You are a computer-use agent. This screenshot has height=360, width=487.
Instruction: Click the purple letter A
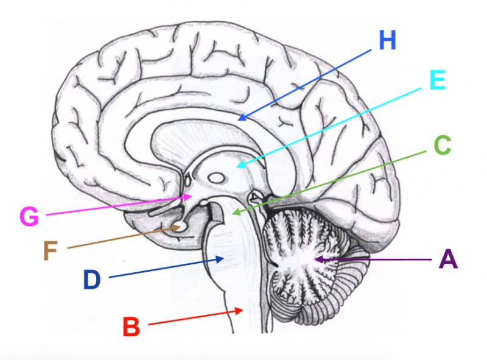tap(447, 259)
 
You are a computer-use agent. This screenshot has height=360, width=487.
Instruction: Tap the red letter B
tap(131, 327)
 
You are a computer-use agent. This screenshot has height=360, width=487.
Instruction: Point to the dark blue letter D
tap(92, 280)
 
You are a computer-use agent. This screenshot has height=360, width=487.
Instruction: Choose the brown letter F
tap(54, 250)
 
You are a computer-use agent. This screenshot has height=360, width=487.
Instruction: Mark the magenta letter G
tap(30, 216)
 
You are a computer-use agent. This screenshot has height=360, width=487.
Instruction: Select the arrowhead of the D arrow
tap(225, 259)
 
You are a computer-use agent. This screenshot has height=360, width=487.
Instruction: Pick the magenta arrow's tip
tap(194, 196)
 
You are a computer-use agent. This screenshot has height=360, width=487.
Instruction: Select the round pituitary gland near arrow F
tap(180, 227)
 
